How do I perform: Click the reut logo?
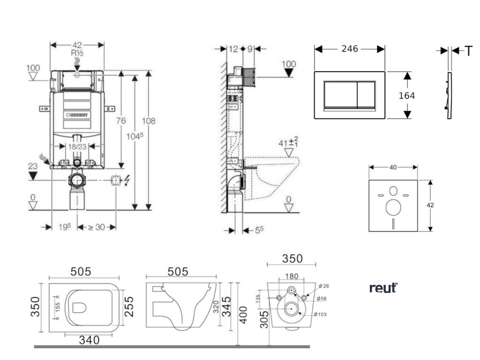click(x=383, y=287)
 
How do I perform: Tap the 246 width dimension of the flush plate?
click(x=349, y=49)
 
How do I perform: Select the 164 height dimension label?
click(x=406, y=96)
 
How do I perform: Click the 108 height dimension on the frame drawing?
click(x=149, y=121)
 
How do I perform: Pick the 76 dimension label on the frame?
click(x=121, y=121)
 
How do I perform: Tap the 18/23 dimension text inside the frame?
click(x=78, y=146)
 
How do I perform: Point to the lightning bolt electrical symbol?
click(x=128, y=180)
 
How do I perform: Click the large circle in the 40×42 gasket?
click(x=393, y=207)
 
